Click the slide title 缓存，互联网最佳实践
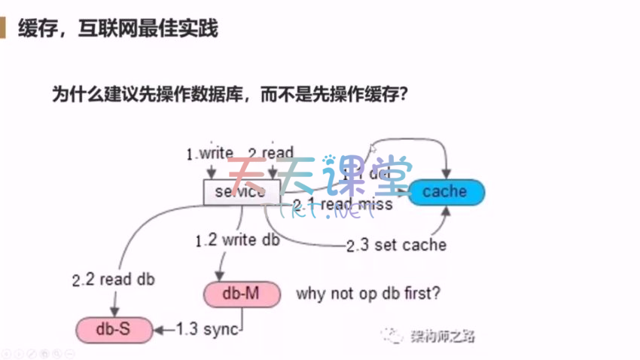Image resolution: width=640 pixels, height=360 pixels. tap(117, 29)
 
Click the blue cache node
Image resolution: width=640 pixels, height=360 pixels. tap(445, 192)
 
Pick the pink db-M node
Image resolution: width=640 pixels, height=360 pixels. tap(242, 293)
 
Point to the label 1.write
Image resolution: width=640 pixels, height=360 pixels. tap(209, 154)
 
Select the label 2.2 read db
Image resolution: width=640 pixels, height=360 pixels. tap(113, 279)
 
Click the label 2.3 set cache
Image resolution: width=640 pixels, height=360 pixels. tap(396, 246)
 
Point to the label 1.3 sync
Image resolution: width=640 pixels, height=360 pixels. tap(207, 328)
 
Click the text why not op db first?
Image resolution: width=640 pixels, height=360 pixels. tap(368, 293)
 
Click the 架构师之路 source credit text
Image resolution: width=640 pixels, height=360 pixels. tap(441, 336)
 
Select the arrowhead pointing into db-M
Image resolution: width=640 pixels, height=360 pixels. tap(221, 277)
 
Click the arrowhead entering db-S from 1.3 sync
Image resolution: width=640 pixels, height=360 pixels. tap(159, 328)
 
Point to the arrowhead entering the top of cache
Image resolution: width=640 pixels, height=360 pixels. tap(449, 177)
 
